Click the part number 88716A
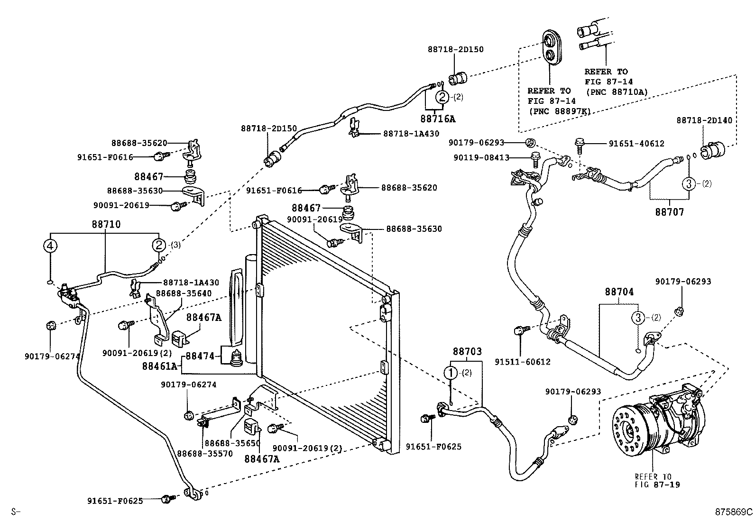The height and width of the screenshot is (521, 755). tap(438, 119)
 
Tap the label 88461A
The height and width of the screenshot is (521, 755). tap(159, 366)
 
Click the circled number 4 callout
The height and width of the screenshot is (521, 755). tap(50, 246)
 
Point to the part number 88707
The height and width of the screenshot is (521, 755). tap(669, 212)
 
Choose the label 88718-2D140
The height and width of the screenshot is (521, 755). tap(704, 120)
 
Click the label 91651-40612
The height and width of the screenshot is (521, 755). tap(636, 144)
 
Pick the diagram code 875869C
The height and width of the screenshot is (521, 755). tap(734, 512)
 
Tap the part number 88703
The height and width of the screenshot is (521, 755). tap(467, 351)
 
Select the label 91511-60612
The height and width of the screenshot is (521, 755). tap(523, 362)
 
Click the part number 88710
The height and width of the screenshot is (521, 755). tap(106, 224)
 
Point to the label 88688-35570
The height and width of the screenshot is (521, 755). tap(205, 454)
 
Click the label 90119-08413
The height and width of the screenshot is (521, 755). tap(481, 158)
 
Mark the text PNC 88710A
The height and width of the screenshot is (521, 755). tap(617, 92)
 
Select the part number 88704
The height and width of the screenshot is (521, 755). tap(619, 292)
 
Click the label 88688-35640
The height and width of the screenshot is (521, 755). tap(184, 293)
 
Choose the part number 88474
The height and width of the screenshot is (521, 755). tap(200, 356)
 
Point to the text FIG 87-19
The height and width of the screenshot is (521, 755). tap(657, 485)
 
